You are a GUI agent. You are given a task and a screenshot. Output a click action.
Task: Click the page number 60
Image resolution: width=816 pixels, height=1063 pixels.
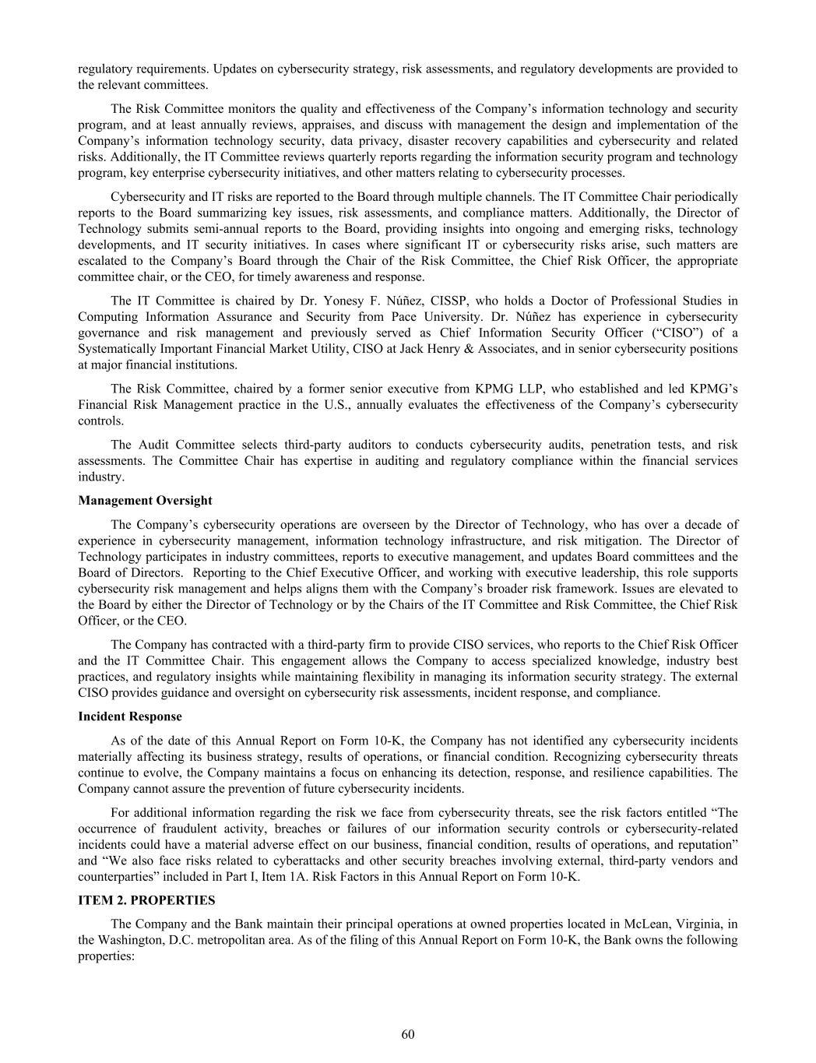408,1034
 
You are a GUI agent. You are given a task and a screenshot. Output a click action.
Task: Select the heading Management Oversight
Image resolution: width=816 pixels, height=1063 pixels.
145,500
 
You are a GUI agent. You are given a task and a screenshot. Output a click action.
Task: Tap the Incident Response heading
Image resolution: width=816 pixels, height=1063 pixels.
130,716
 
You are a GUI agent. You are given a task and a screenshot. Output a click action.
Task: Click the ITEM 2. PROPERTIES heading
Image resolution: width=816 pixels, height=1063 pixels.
146,899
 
